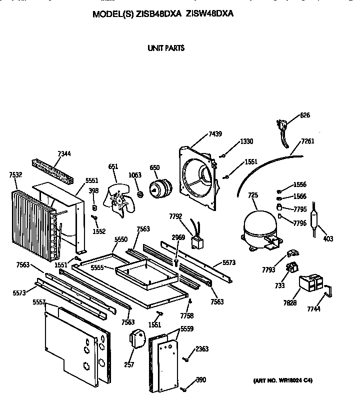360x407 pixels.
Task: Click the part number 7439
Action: click(215, 134)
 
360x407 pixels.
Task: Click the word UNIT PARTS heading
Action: click(165, 48)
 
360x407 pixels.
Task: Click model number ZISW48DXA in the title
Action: click(209, 14)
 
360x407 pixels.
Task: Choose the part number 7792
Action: click(175, 216)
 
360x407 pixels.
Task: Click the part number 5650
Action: click(121, 240)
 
